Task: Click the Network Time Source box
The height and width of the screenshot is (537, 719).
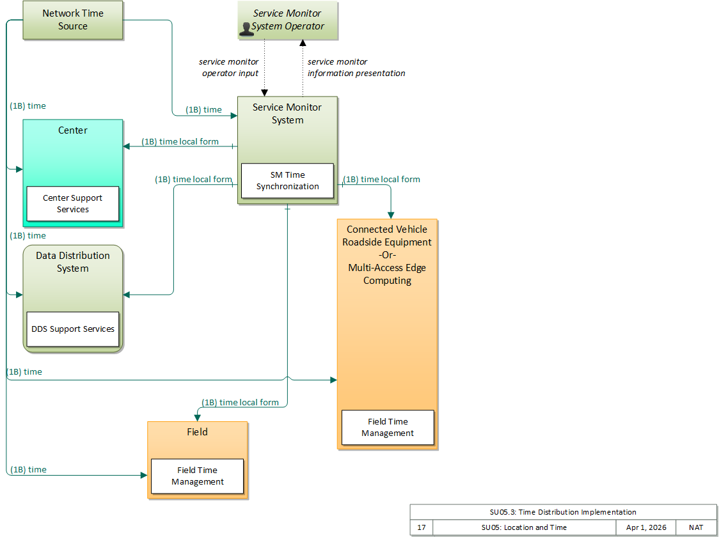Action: point(73,20)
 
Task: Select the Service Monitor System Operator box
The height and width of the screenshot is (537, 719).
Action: point(287,20)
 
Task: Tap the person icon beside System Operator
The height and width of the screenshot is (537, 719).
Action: point(246,28)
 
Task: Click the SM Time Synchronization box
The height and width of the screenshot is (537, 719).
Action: point(287,180)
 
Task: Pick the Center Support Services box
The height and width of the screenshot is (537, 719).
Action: point(73,203)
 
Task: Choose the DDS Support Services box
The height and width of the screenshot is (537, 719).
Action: point(73,329)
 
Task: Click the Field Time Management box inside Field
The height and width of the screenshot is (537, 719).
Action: point(198,476)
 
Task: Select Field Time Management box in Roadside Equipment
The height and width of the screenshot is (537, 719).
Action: point(388,427)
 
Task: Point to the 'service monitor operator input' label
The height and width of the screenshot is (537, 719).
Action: point(229,67)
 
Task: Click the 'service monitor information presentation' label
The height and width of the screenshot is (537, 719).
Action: point(356,67)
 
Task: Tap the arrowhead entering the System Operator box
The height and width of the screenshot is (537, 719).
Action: point(303,43)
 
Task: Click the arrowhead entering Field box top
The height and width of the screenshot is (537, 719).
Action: point(198,418)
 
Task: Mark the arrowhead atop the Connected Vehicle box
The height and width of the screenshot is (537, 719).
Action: point(391,215)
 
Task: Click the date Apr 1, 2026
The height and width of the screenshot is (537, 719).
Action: point(646,527)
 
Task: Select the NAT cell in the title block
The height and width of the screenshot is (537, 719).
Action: point(695,527)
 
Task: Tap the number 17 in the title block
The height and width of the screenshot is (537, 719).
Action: point(422,527)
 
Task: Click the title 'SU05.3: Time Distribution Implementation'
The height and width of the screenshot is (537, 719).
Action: point(563,512)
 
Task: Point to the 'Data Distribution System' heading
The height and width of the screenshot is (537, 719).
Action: point(73,261)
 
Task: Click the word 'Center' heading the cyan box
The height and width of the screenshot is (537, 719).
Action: point(73,130)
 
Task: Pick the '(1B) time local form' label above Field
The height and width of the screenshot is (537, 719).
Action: point(241,402)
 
